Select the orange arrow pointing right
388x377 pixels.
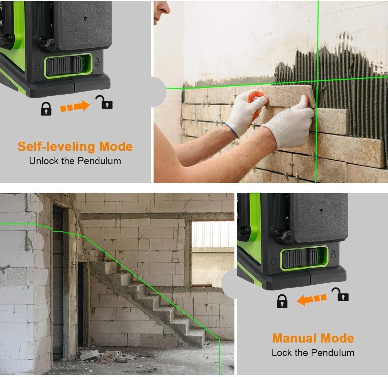[x=75, y=106]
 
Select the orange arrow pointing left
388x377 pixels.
[x=311, y=299]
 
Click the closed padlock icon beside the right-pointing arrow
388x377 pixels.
[x=46, y=109]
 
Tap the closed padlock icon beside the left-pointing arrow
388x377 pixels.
[x=282, y=301]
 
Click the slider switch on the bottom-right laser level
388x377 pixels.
[x=304, y=258]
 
